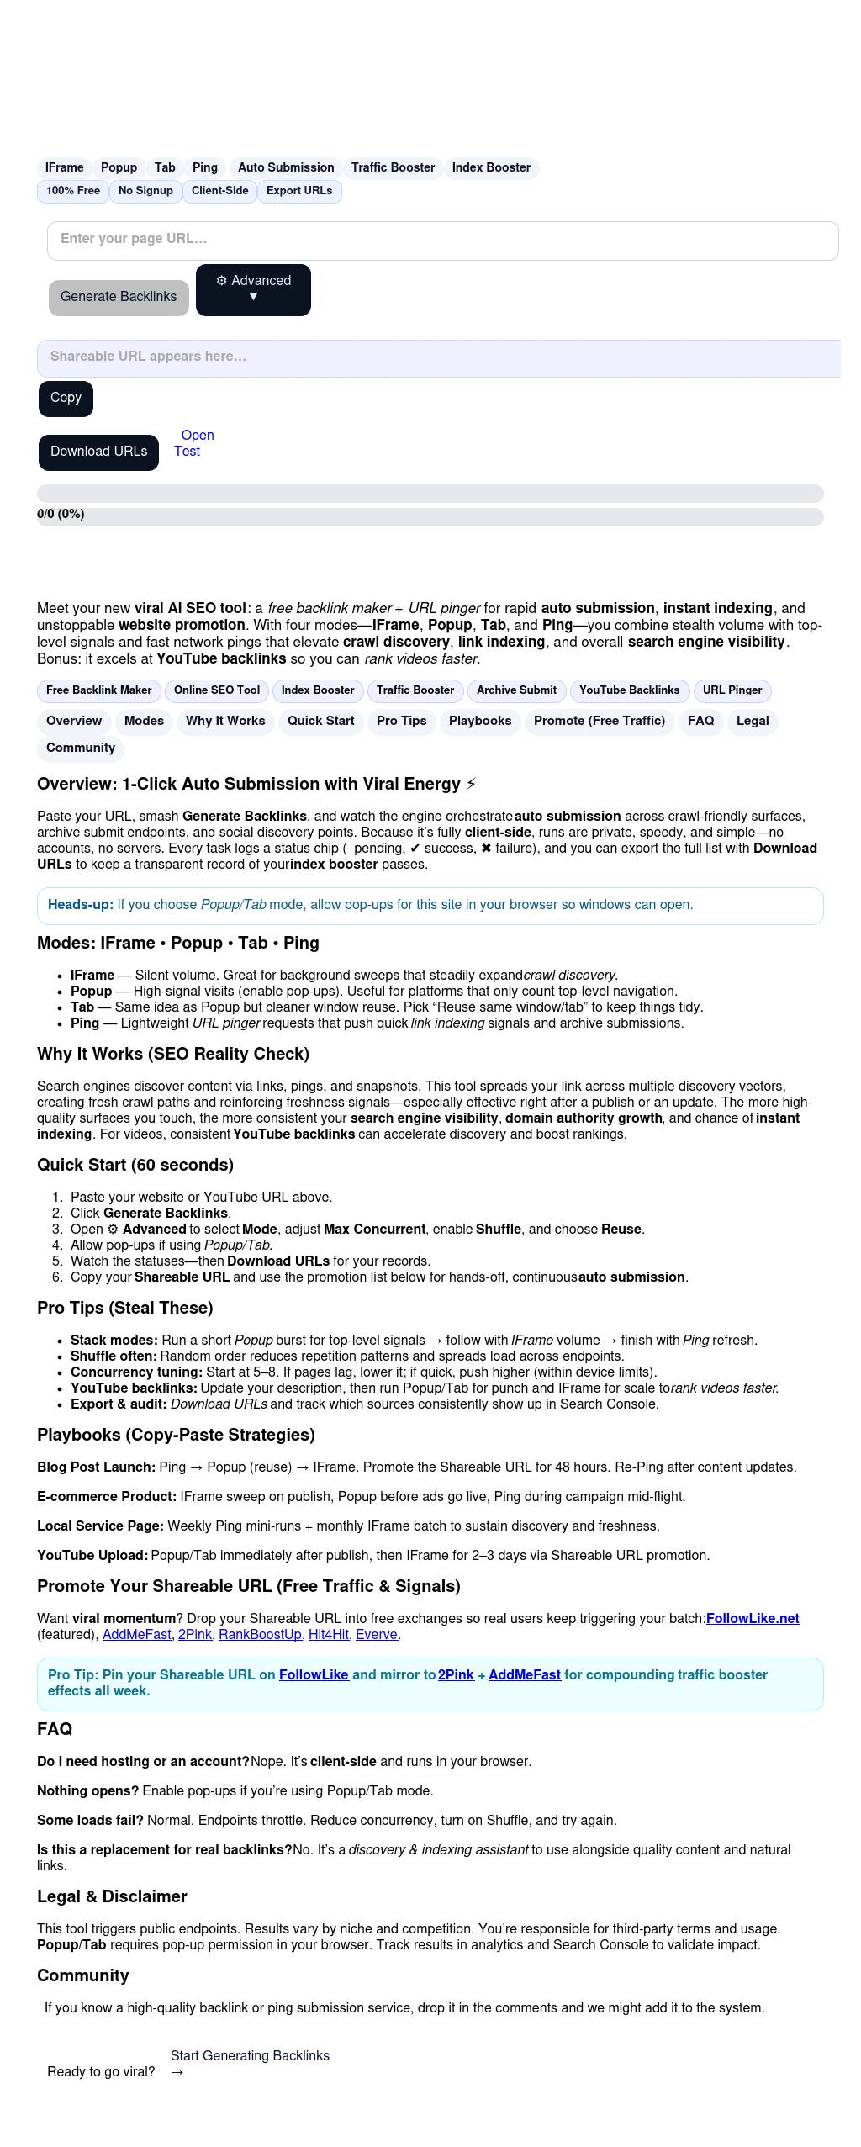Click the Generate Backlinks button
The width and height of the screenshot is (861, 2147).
[x=119, y=297]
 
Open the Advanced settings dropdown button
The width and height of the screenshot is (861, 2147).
[x=253, y=289]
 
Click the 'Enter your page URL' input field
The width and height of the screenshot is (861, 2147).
[x=442, y=240]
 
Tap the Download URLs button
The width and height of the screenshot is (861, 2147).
[x=98, y=452]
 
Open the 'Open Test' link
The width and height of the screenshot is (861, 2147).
[x=193, y=443]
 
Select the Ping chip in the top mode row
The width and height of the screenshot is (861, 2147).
[x=204, y=167]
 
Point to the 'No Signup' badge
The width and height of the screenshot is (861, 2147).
[x=145, y=191]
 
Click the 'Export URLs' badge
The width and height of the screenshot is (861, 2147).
[x=299, y=191]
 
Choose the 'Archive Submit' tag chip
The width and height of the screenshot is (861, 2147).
[x=516, y=690]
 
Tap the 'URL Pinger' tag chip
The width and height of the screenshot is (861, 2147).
[x=732, y=690]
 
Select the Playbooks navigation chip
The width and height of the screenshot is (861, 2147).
[x=480, y=721]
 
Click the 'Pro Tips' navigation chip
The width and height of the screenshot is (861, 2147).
[x=401, y=721]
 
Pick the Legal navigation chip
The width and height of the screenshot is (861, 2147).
[x=753, y=721]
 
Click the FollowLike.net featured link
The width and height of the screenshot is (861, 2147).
[x=753, y=1619]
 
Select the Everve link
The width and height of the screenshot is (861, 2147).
[x=377, y=1635]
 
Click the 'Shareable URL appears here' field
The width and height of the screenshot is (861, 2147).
[x=437, y=357]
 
